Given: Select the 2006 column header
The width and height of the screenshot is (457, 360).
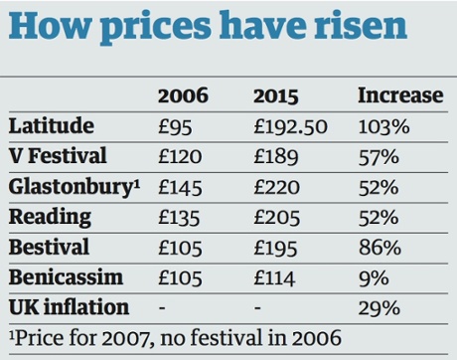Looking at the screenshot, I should pyautogui.click(x=183, y=95).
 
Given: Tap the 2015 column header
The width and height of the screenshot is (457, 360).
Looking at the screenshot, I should pyautogui.click(x=277, y=95).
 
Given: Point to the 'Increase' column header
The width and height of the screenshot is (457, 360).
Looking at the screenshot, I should pyautogui.click(x=399, y=95).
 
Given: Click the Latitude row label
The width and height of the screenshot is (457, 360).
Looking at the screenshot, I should pyautogui.click(x=51, y=125).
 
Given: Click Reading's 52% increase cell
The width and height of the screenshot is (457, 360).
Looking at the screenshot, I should pyautogui.click(x=378, y=217).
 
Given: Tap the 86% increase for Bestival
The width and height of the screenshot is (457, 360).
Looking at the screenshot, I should pyautogui.click(x=378, y=248).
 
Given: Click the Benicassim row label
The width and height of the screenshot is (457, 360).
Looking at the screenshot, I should pyautogui.click(x=60, y=277).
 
